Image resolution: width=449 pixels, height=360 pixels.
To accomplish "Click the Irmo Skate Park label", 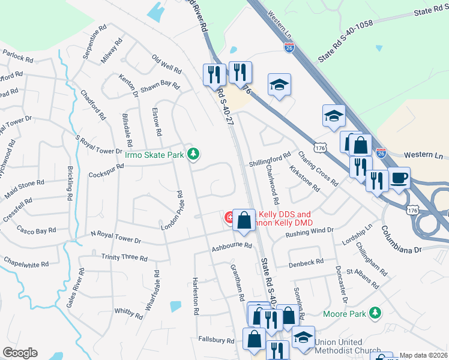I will (154, 155).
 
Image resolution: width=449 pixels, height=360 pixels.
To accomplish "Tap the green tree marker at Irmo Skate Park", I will (193, 154).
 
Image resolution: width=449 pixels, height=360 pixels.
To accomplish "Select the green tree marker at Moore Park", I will (375, 313).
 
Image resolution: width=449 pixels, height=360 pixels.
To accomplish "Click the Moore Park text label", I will (345, 313).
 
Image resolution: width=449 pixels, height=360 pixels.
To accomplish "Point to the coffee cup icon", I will (400, 178).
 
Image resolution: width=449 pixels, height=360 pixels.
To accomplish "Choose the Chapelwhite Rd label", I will (26, 262).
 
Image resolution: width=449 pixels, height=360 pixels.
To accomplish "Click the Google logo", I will (20, 353).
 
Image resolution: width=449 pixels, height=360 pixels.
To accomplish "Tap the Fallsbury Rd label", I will (215, 340).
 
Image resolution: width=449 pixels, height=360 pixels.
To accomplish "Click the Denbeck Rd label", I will (306, 262).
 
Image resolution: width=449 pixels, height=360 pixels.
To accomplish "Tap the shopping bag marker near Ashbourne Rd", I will (244, 220).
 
